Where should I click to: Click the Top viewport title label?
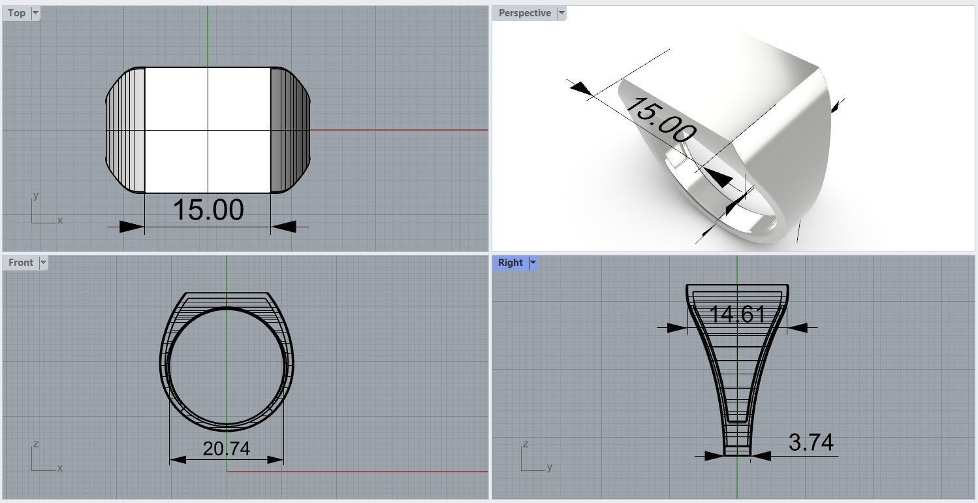16,13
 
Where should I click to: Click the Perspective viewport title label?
524,13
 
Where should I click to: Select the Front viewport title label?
20,263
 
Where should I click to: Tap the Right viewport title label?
510,263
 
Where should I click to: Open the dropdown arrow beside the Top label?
35,13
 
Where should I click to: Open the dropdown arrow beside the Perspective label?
561,13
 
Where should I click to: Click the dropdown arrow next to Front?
43,263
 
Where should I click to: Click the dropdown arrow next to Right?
533,263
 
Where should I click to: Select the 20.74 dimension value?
226,449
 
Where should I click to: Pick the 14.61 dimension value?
737,315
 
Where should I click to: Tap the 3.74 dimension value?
811,443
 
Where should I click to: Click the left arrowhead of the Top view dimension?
131,227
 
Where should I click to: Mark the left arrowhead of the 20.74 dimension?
178,460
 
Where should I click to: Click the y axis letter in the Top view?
36,195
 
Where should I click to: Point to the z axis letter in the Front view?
35,444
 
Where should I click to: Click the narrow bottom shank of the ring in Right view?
737,441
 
